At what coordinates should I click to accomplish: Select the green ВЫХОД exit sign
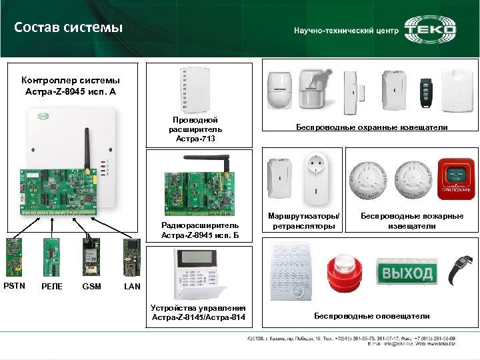pyautogui.click(x=406, y=273)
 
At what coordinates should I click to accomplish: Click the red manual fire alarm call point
pyautogui.click(x=453, y=179)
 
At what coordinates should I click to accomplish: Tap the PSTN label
pyautogui.click(x=14, y=286)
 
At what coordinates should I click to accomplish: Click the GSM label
pyautogui.click(x=91, y=287)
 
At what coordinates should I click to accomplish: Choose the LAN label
pyautogui.click(x=133, y=287)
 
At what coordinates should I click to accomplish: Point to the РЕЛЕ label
pyautogui.click(x=53, y=287)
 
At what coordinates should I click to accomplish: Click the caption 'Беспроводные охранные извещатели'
pyautogui.click(x=371, y=127)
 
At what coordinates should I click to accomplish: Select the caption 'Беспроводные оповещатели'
pyautogui.click(x=371, y=316)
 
